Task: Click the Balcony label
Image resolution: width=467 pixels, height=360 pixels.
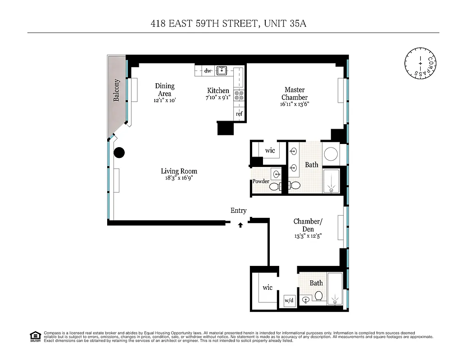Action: pyautogui.click(x=117, y=90)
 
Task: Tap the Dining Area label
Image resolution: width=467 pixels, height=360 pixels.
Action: pyautogui.click(x=164, y=90)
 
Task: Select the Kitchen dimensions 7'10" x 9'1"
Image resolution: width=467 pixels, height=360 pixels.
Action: pyautogui.click(x=218, y=97)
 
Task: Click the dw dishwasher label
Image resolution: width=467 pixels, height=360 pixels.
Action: pyautogui.click(x=208, y=71)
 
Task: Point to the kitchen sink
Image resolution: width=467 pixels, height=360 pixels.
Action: pyautogui.click(x=222, y=71)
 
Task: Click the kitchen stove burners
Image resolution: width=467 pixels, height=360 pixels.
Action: pyautogui.click(x=239, y=95)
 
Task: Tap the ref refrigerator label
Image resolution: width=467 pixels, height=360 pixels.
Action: pyautogui.click(x=239, y=114)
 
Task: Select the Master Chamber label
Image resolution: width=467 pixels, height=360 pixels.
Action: pyautogui.click(x=295, y=94)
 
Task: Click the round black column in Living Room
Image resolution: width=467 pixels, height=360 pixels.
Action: pyautogui.click(x=119, y=153)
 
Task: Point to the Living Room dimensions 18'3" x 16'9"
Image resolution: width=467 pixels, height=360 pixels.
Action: pyautogui.click(x=179, y=178)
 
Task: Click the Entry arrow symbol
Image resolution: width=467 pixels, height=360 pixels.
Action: pyautogui.click(x=241, y=225)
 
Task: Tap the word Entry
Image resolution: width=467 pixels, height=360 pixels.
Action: pyautogui.click(x=239, y=211)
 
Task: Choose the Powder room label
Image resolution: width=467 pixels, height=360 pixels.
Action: pyautogui.click(x=261, y=181)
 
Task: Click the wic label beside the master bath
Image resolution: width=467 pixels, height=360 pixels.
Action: pyautogui.click(x=270, y=150)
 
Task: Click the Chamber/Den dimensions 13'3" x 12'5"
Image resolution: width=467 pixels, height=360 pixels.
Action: pyautogui.click(x=308, y=236)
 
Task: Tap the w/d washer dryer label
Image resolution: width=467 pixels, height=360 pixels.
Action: pyautogui.click(x=289, y=301)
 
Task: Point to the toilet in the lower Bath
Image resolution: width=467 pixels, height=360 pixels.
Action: pyautogui.click(x=318, y=296)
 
